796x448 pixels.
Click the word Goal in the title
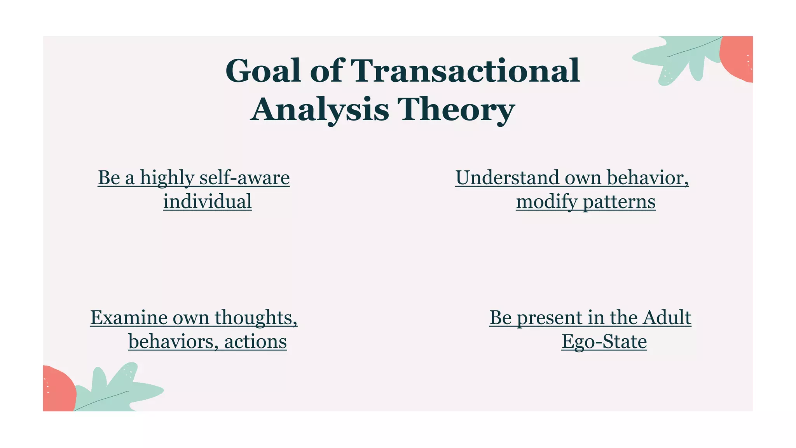263,71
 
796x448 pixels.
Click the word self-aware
244,178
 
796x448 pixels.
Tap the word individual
207,202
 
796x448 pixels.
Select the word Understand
507,178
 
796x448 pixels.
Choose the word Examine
129,318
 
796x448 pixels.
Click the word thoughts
256,318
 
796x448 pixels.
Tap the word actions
255,342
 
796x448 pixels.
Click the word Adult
667,318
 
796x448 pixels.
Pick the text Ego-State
604,342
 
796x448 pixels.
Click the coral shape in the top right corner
737,58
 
